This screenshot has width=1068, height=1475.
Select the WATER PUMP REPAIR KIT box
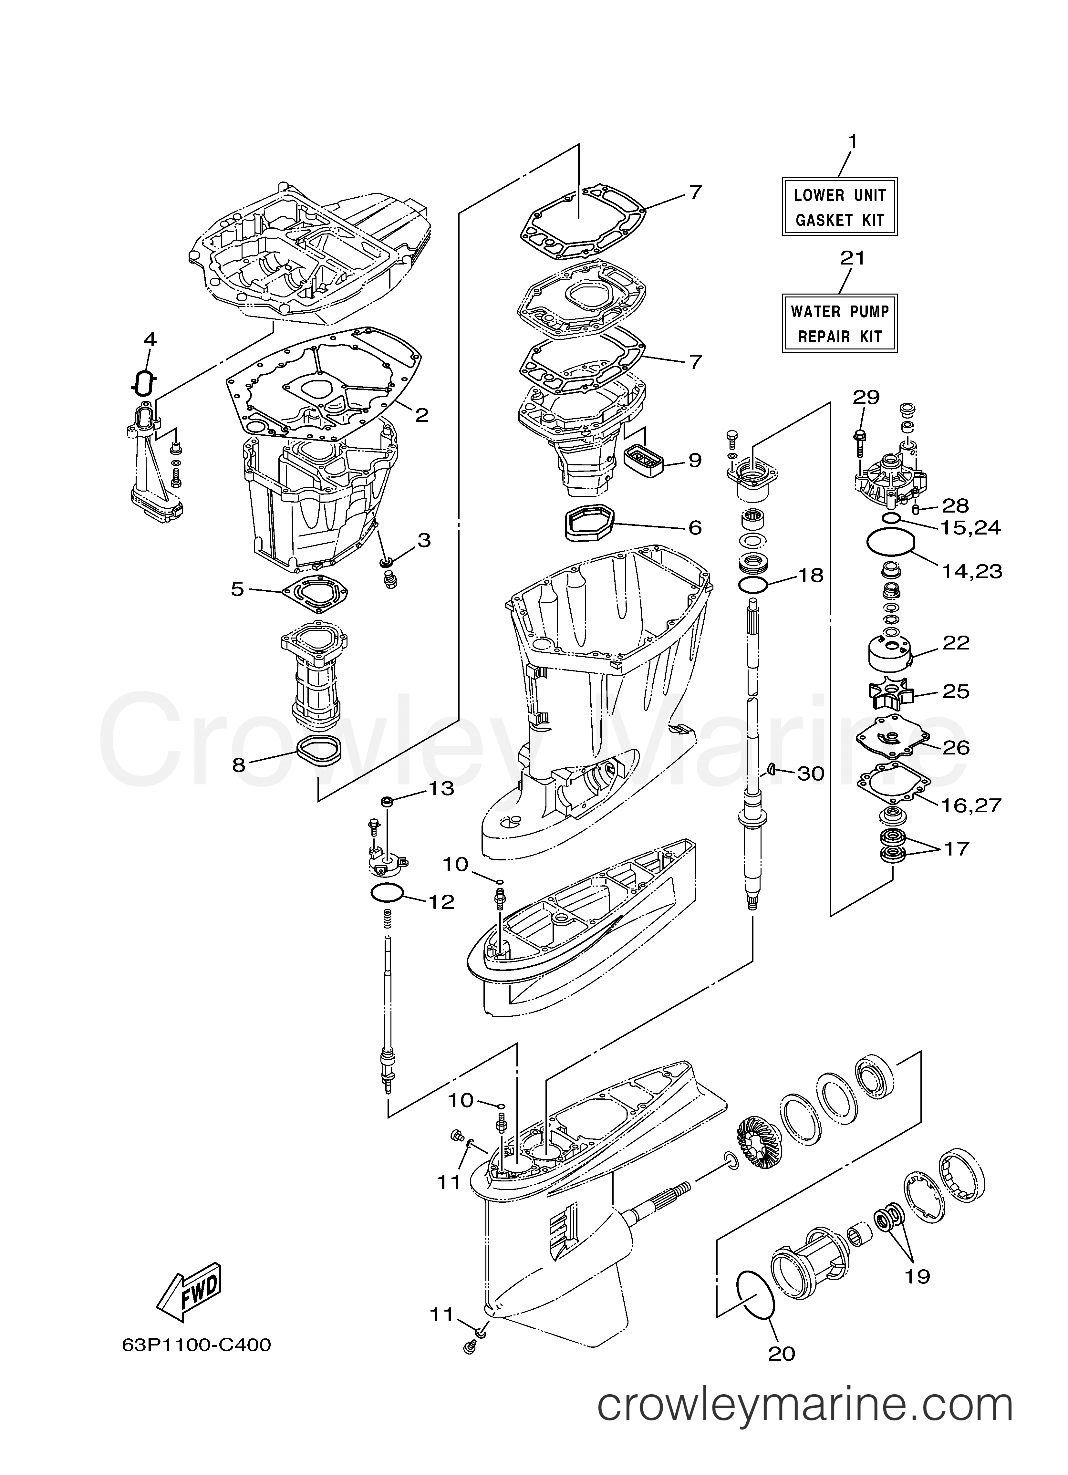point(839,323)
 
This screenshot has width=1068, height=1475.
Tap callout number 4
point(150,339)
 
